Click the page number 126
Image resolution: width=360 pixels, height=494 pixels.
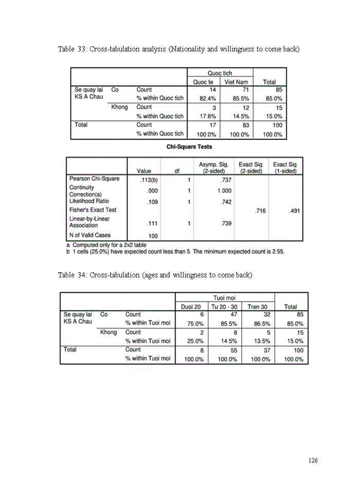point(313,461)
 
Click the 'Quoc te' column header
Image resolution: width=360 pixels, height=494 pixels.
point(203,82)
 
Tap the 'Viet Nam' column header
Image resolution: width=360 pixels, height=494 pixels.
point(236,82)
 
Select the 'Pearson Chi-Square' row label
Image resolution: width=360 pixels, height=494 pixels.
point(94,179)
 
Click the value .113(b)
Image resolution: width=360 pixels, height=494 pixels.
point(149,180)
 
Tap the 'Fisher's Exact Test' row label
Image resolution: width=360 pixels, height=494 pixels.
point(93,210)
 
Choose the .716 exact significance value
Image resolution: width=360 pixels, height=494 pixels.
point(260,210)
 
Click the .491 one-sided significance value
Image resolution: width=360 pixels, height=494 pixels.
point(294,210)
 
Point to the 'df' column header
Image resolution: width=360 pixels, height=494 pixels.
point(177,171)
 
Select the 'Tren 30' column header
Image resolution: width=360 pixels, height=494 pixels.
point(257,307)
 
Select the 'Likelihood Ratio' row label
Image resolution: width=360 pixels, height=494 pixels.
point(89,201)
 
